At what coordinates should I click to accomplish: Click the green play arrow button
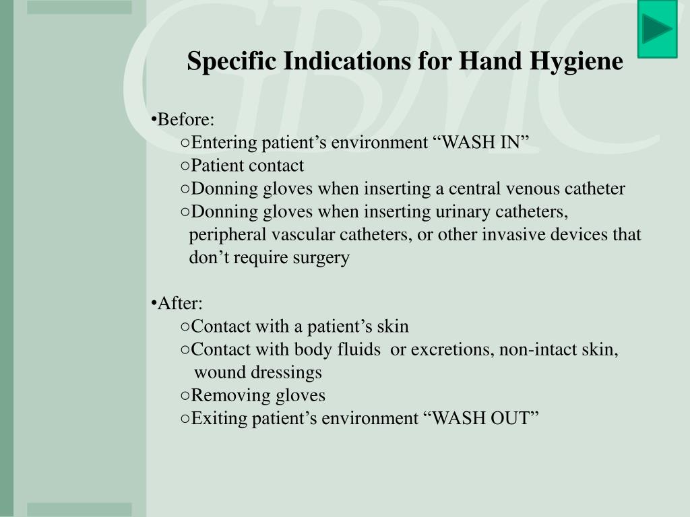pyautogui.click(x=656, y=30)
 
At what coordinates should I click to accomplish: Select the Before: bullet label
pyautogui.click(x=183, y=120)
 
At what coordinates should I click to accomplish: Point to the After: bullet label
pyautogui.click(x=177, y=304)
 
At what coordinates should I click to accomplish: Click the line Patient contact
pyautogui.click(x=247, y=166)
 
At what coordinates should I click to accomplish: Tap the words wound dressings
pyautogui.click(x=257, y=372)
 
